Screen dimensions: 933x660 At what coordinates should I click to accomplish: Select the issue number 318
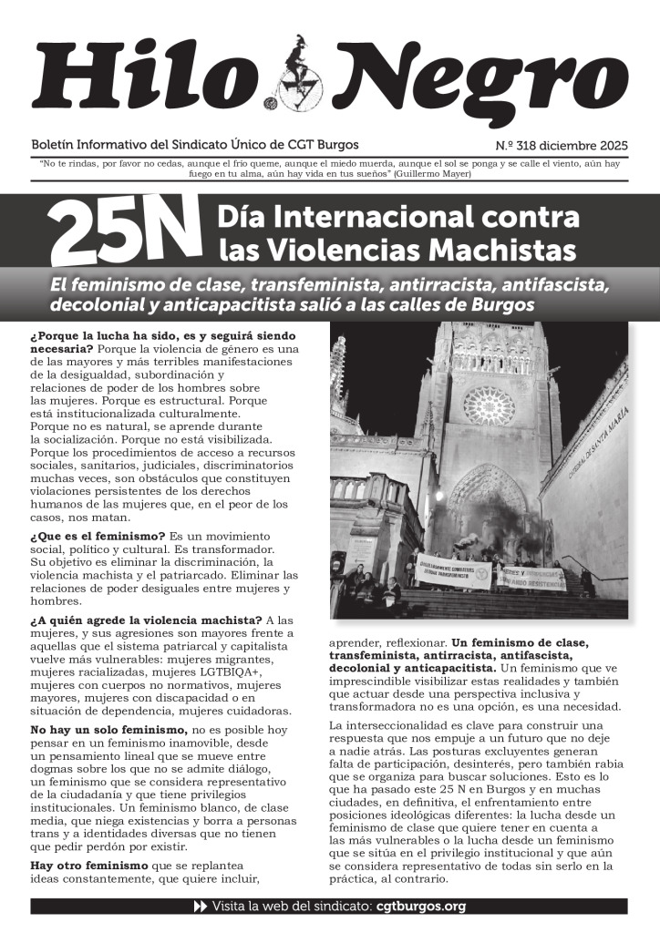531,145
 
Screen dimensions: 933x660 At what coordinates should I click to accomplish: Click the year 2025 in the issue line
611,145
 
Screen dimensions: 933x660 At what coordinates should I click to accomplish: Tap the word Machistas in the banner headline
498,248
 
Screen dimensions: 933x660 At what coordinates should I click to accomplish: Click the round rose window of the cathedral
489,406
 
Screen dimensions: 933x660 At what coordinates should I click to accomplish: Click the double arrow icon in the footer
201,907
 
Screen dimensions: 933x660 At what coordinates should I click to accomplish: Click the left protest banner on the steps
454,573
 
